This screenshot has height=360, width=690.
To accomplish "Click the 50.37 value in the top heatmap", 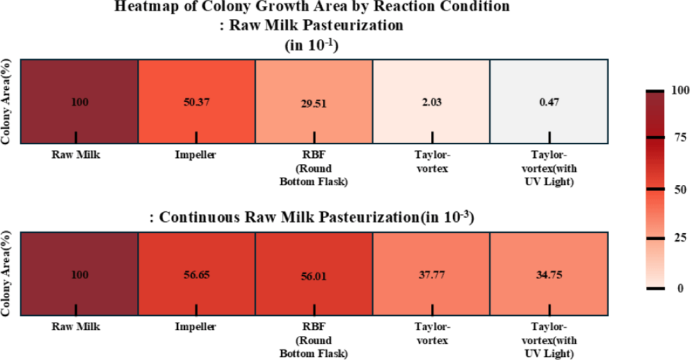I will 196,102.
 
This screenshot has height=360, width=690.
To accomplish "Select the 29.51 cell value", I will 313,105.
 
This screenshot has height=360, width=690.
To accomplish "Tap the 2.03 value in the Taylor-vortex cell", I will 431,102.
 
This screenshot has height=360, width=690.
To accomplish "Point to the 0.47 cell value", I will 549,102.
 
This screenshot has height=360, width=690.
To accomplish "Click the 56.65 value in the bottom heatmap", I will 196,275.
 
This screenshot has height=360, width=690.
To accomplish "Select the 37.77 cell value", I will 431,275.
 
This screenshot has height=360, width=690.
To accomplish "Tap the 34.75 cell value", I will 549,275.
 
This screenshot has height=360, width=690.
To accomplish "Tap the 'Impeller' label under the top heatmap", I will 196,155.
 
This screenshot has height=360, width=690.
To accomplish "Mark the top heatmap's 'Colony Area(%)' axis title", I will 6,101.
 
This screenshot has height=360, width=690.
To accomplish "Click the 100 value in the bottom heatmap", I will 80,275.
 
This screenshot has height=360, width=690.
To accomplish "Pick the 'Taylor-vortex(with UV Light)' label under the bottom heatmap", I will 550,341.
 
